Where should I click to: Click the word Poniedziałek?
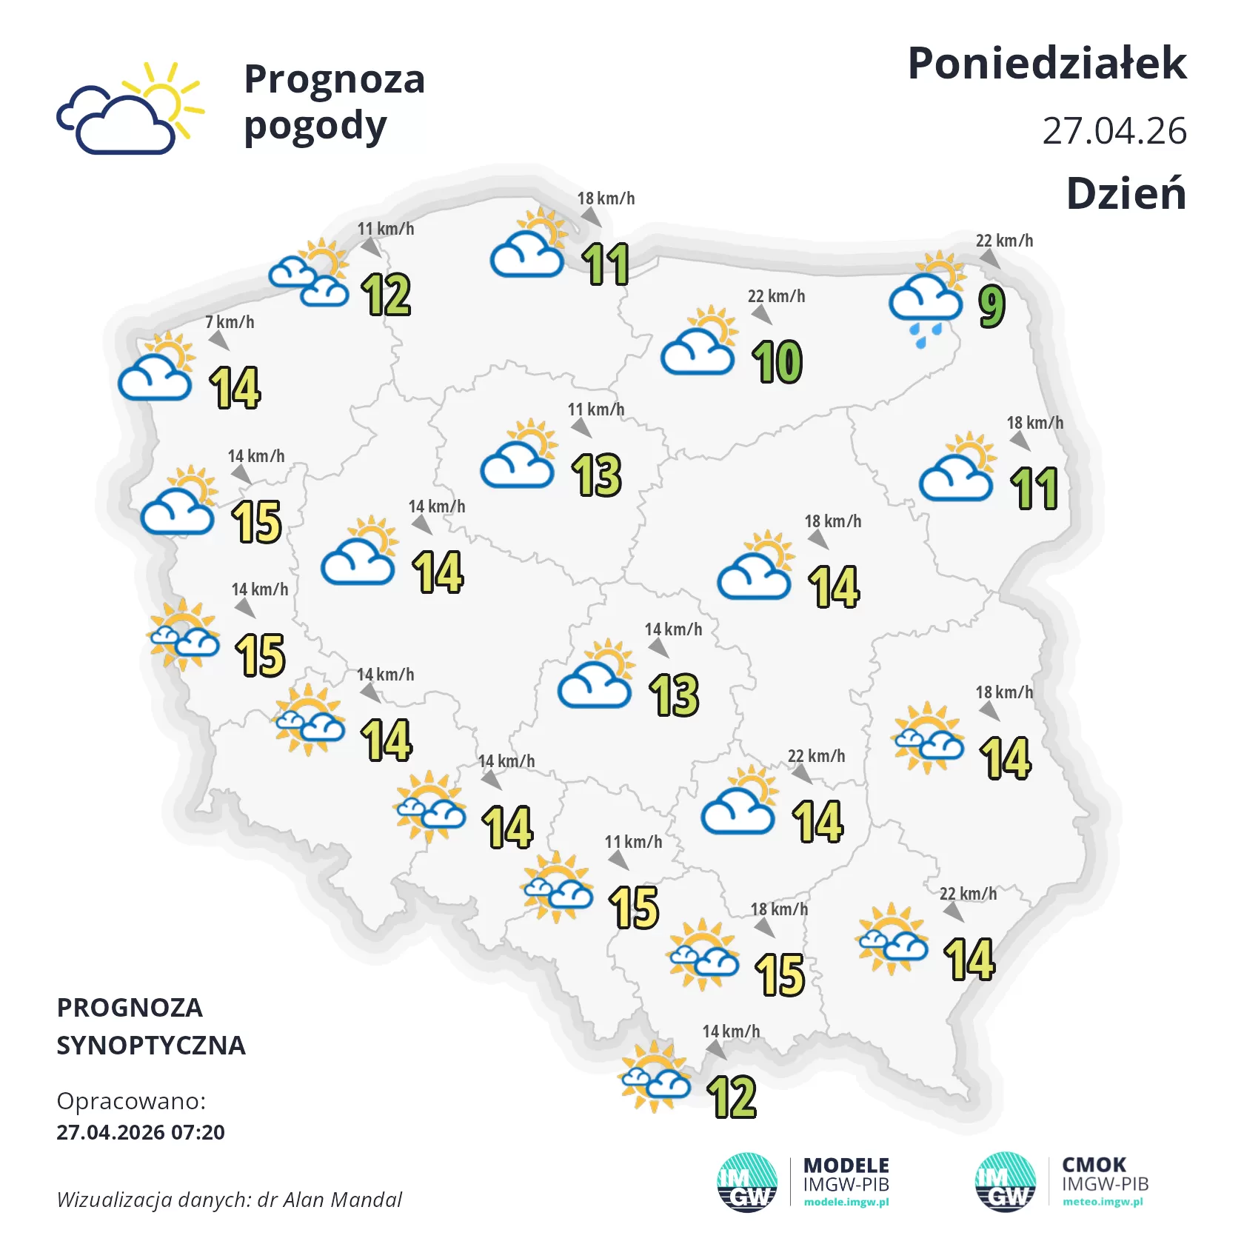click(1046, 64)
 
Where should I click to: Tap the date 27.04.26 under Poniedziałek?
click(1114, 131)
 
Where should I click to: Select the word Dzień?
click(1126, 194)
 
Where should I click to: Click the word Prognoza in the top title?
click(334, 79)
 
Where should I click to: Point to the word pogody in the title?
click(315, 127)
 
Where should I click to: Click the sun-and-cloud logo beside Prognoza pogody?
click(130, 109)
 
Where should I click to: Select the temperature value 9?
click(991, 306)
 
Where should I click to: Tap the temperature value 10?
click(777, 362)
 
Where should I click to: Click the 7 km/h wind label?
click(230, 322)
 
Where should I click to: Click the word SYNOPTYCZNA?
click(151, 1046)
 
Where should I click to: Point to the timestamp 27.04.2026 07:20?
click(141, 1132)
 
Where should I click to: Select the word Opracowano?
click(130, 1101)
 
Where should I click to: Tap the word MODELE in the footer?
click(846, 1166)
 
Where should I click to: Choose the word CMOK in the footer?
click(1094, 1165)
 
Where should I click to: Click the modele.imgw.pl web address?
click(846, 1202)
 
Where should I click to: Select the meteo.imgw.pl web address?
click(1103, 1202)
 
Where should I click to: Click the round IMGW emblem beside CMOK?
click(1005, 1182)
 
